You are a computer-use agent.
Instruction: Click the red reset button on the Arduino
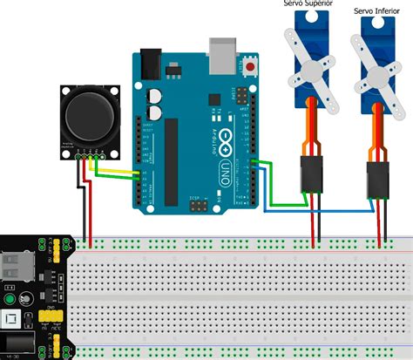(x=253, y=65)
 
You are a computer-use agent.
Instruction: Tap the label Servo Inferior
(x=376, y=11)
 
